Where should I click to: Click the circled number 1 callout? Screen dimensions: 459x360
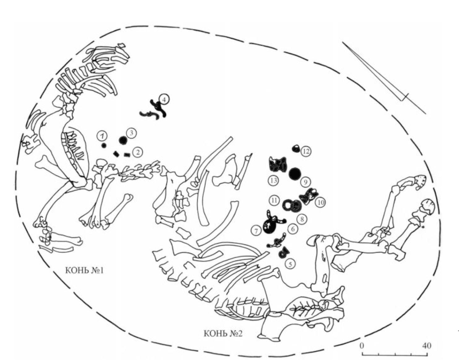coord(102,135)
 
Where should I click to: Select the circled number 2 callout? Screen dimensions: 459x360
coord(138,152)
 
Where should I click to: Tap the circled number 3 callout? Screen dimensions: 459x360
coord(131,133)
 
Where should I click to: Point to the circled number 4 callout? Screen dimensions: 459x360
coord(164,99)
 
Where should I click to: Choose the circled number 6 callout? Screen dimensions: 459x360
coord(292,229)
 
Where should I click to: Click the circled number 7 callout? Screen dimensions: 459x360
coord(256,230)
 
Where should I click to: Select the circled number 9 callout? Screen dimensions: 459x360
coord(305,182)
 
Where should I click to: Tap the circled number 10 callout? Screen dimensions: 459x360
coord(320,202)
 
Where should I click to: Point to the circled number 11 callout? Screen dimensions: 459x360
coord(274,200)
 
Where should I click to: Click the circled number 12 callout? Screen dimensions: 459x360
coord(306,151)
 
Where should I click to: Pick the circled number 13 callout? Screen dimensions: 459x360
coord(273,180)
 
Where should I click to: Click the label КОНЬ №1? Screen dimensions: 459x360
coord(84,270)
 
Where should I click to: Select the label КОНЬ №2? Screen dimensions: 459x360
coord(223,334)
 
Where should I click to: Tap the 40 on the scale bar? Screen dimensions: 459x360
coord(426,345)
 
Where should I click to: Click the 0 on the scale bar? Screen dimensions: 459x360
coord(362,345)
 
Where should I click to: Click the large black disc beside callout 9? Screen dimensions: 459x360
coord(295,174)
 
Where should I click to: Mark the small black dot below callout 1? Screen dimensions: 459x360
coord(104,145)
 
